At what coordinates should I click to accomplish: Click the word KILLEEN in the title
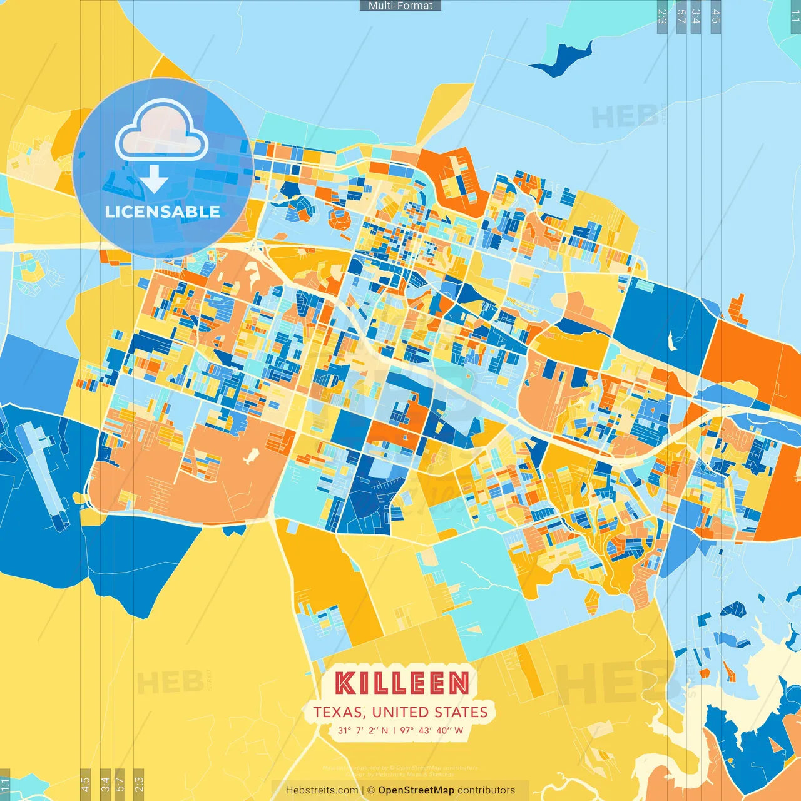point(401,683)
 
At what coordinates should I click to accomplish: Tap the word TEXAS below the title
point(338,712)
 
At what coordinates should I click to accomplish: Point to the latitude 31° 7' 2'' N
point(363,730)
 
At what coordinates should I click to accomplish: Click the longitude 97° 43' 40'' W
point(432,730)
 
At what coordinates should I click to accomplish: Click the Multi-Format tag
point(400,6)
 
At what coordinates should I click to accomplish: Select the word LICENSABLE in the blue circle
point(163,212)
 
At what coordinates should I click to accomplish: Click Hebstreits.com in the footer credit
point(322,790)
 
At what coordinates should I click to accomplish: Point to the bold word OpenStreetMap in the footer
point(416,790)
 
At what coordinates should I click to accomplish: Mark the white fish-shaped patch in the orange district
point(251,456)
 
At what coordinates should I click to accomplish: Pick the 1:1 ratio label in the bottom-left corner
point(5,785)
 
